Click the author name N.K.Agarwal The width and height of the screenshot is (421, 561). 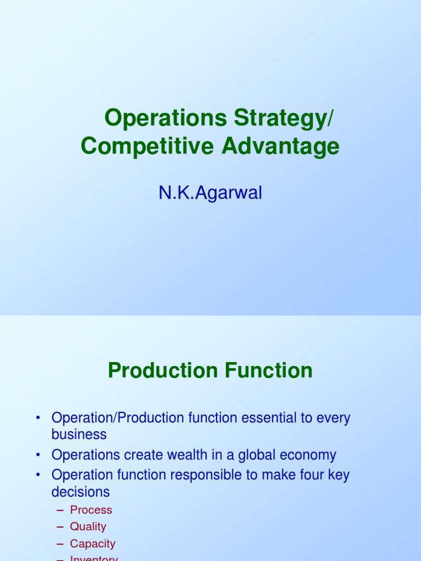click(210, 193)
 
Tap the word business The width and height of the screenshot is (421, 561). click(79, 434)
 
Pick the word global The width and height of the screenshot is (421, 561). click(265, 455)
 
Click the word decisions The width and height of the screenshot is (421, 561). click(81, 491)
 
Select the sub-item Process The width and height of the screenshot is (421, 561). click(91, 510)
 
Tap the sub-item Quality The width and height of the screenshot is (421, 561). click(88, 526)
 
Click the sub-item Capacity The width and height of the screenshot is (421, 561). click(93, 544)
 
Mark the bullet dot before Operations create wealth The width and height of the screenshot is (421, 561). click(38, 455)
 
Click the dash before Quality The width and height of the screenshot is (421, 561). click(60, 526)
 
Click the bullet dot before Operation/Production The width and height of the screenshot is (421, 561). click(38, 418)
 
